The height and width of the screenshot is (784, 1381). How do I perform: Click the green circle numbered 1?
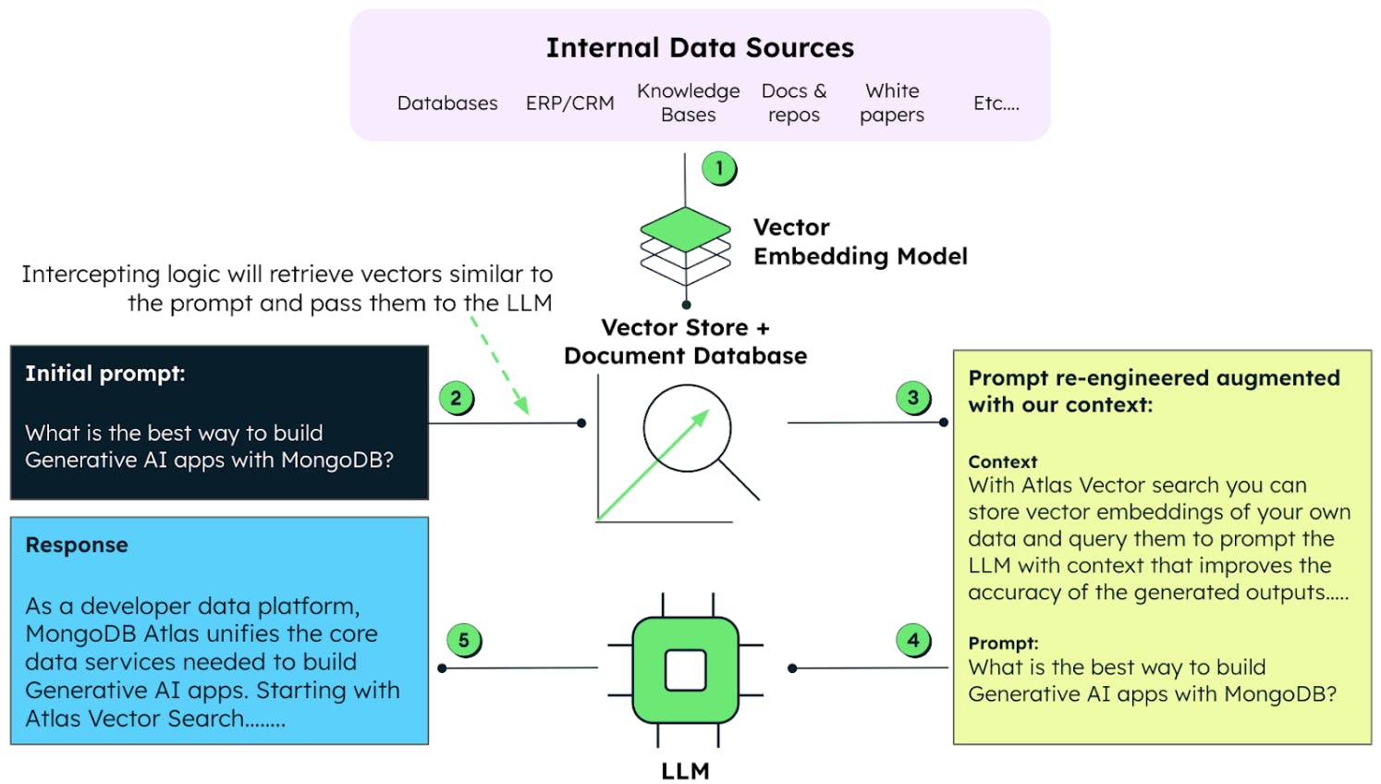click(718, 168)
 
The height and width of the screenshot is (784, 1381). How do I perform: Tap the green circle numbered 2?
click(456, 398)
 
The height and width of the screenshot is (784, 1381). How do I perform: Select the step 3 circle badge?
click(913, 398)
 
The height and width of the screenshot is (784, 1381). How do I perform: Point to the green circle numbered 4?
click(913, 640)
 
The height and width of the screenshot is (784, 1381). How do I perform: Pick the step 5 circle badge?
click(463, 640)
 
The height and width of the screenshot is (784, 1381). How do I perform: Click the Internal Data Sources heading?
click(700, 48)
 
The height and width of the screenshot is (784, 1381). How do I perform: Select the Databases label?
click(447, 104)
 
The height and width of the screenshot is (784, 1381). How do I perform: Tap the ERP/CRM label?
click(569, 104)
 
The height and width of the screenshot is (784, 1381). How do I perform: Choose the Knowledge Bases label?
click(689, 103)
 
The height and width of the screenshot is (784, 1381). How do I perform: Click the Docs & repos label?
click(794, 103)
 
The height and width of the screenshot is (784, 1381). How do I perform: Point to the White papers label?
click(892, 103)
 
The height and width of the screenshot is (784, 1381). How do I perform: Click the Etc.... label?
click(996, 104)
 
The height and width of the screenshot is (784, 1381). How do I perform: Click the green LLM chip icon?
click(686, 670)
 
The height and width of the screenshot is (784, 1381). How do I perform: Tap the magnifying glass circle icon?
click(688, 429)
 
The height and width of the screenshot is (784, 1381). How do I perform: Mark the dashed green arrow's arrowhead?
click(522, 406)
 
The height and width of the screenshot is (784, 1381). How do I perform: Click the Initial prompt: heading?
click(105, 374)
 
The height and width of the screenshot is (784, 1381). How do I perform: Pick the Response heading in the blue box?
click(77, 545)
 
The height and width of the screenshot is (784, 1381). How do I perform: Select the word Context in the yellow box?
click(1003, 461)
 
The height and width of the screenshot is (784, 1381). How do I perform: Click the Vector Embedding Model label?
click(860, 242)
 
